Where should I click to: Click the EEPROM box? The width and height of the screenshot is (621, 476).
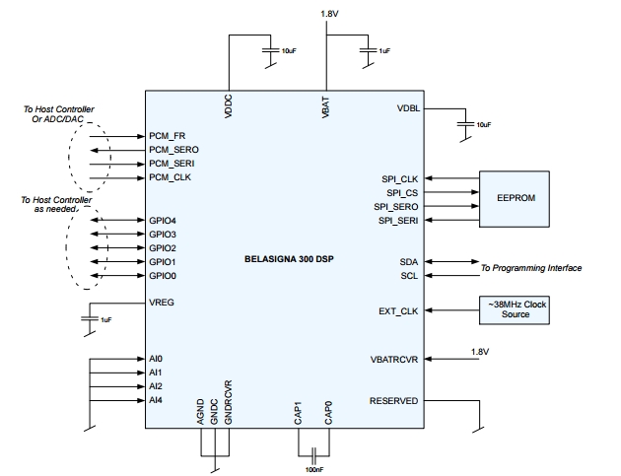(x=515, y=199)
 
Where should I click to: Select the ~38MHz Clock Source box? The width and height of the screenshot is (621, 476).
(x=515, y=310)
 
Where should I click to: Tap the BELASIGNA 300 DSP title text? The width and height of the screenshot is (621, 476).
(x=289, y=259)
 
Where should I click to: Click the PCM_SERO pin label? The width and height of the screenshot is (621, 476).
(x=173, y=150)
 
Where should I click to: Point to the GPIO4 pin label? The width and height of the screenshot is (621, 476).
(x=163, y=221)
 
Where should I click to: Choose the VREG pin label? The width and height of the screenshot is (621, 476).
(x=162, y=303)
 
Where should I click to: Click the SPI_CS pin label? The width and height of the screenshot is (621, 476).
(x=402, y=193)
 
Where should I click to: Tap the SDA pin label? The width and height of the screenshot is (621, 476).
(x=409, y=262)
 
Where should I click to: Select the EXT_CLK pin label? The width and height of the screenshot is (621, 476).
(x=398, y=311)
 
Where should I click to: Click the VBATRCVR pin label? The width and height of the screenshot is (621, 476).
(x=394, y=360)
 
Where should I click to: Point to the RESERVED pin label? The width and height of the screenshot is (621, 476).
(x=393, y=401)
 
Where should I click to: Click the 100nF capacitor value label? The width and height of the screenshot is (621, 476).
(x=314, y=470)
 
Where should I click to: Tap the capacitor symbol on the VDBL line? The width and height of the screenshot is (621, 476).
(x=465, y=124)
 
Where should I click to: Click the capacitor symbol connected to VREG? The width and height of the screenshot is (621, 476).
(x=90, y=318)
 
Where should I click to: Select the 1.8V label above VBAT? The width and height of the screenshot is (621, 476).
(x=329, y=14)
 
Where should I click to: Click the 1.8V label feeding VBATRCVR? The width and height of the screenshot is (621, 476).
(x=480, y=352)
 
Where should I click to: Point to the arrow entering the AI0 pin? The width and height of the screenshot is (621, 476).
(x=117, y=359)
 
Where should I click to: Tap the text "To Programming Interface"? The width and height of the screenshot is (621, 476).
(x=531, y=268)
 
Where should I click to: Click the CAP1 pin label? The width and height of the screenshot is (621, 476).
(x=299, y=413)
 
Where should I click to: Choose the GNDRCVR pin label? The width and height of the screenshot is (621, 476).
(x=228, y=403)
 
